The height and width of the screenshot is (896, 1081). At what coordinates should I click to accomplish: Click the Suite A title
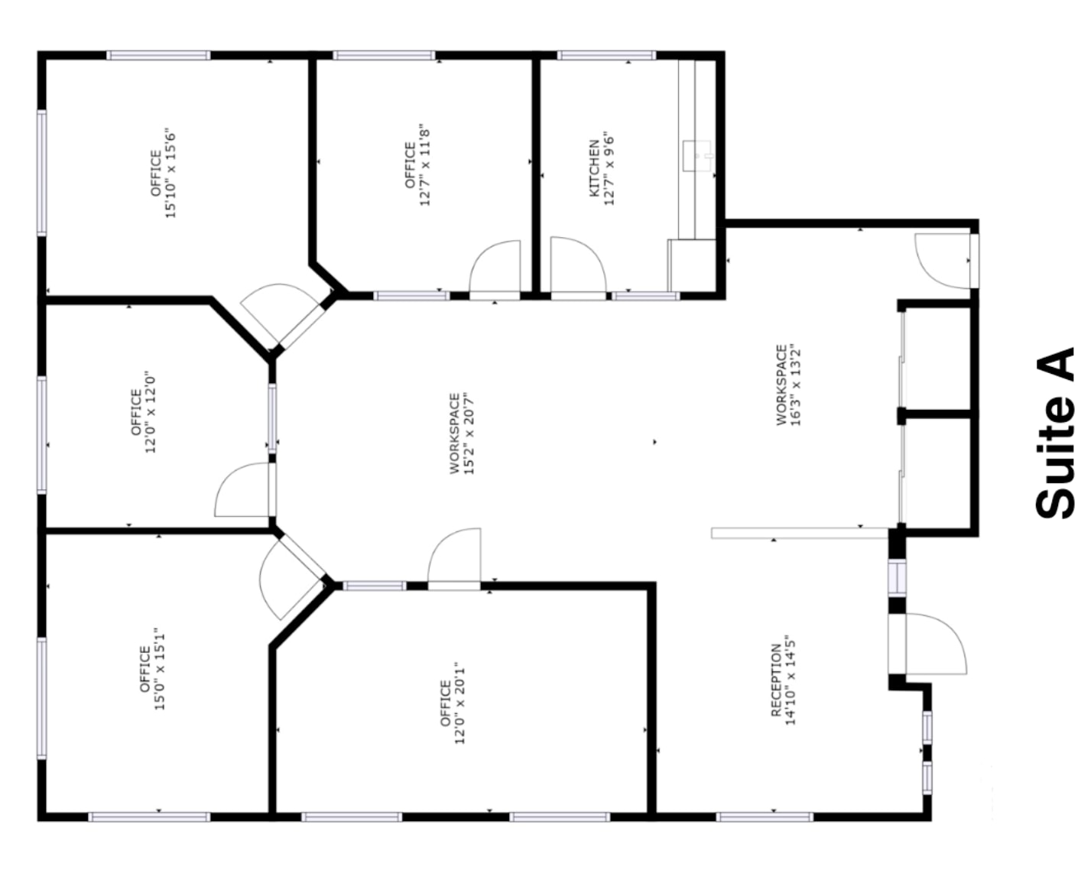pos(1056,437)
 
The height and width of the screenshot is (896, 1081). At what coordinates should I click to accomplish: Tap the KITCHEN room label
pos(594,168)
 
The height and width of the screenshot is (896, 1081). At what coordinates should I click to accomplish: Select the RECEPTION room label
pos(776,680)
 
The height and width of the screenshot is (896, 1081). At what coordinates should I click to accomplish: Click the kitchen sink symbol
pos(697,156)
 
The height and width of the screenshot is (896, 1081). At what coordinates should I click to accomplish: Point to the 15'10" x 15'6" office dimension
pos(171,173)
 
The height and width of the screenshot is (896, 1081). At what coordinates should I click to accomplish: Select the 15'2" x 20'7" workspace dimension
pos(469,433)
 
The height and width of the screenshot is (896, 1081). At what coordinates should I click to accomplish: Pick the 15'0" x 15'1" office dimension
pos(160,670)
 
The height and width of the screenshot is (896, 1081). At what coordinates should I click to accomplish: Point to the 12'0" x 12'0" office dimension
pos(151,412)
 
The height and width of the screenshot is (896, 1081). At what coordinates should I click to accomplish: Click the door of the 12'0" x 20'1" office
pos(456,556)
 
